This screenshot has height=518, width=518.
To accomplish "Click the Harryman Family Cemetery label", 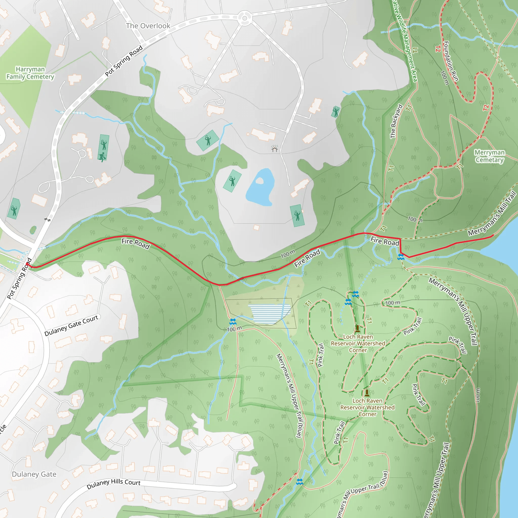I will (x=30, y=73).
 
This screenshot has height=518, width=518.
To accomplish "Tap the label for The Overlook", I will (x=148, y=26).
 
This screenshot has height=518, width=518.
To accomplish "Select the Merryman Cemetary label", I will (x=489, y=156).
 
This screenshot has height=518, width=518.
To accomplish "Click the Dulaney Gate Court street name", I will (x=71, y=326).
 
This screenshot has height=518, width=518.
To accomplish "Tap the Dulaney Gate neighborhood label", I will (x=34, y=474).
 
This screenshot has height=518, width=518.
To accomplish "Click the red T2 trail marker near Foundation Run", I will (x=438, y=49).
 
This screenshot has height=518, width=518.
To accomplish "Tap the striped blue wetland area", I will (x=269, y=313).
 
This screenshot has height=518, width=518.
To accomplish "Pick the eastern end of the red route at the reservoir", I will (x=493, y=236).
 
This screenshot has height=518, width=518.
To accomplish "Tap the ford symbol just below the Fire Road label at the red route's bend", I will (x=401, y=257).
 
